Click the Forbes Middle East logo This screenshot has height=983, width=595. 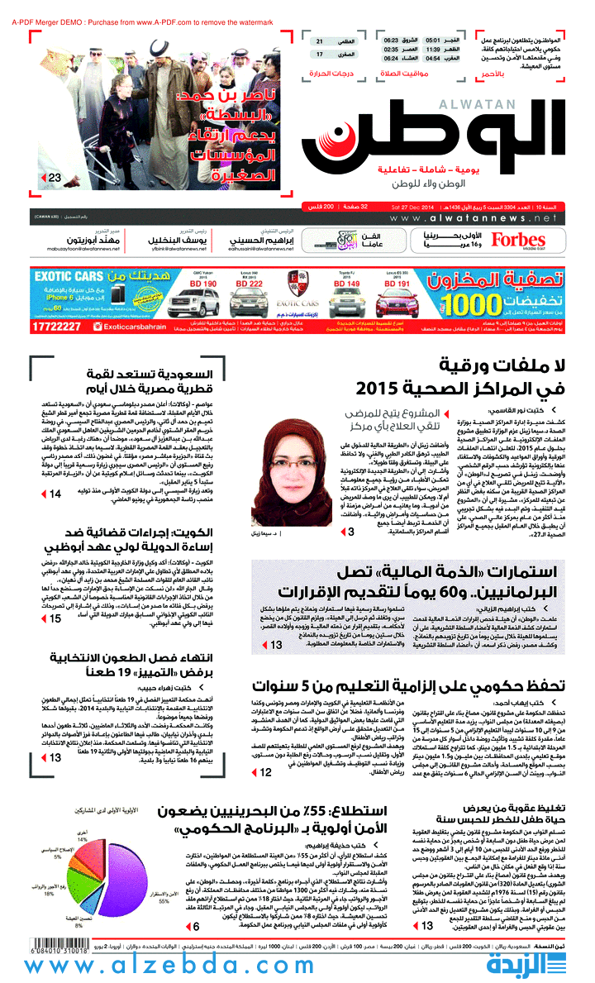coord(518,240)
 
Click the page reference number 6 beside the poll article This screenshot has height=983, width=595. coord(196,926)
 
